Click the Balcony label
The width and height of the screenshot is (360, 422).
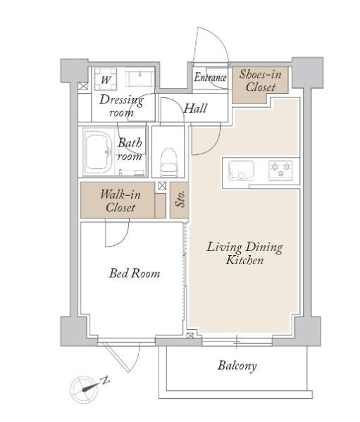tap(237, 366)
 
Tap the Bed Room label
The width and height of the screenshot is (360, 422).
tap(135, 273)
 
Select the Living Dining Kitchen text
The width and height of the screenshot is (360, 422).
tap(244, 253)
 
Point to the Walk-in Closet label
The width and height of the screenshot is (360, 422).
tap(120, 201)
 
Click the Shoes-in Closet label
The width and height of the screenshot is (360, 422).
tap(261, 80)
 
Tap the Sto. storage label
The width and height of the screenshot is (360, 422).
tap(180, 199)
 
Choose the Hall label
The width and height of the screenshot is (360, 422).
tap(195, 108)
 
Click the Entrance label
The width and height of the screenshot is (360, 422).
tap(211, 77)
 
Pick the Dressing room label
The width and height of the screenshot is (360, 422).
tap(121, 106)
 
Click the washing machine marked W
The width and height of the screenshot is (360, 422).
tap(106, 79)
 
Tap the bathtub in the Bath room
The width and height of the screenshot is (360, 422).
tap(99, 151)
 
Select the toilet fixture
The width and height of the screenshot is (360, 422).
tap(169, 162)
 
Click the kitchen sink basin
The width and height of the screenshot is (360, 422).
tap(242, 170)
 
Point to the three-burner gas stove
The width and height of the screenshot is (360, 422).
tap(280, 170)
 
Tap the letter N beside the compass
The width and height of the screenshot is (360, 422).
tap(106, 380)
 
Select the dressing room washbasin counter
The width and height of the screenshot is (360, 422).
tap(140, 77)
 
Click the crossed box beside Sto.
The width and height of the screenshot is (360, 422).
tap(162, 186)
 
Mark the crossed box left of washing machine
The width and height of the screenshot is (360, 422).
tap(83, 86)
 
